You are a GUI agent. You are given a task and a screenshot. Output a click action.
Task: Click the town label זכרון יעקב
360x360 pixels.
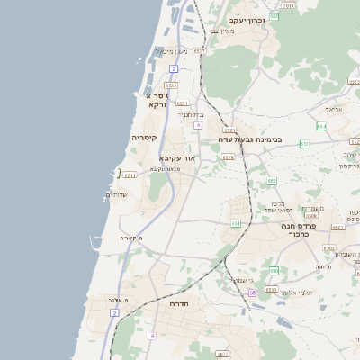[247, 20]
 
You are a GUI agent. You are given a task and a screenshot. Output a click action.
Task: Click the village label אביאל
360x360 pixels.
[335, 109]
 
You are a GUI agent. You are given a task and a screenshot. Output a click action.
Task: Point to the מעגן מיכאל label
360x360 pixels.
[171, 51]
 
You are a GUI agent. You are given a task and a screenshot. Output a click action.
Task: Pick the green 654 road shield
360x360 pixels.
[321, 127]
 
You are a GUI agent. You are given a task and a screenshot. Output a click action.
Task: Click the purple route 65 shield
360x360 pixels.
[253, 292]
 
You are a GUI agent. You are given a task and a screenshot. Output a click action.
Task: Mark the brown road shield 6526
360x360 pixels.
[228, 157]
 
